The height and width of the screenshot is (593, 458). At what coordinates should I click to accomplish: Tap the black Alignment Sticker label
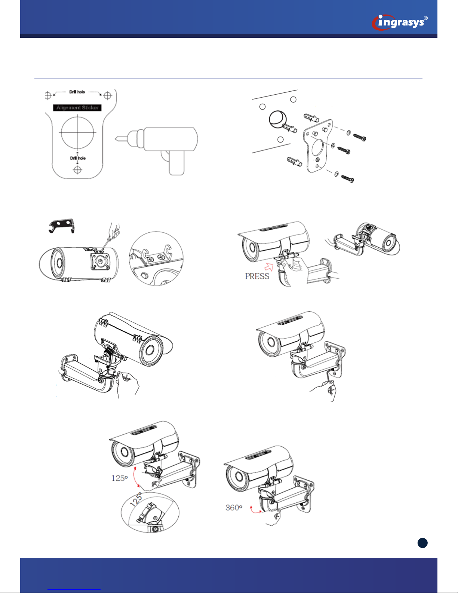[77, 108]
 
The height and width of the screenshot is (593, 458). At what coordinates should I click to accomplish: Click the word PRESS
[257, 276]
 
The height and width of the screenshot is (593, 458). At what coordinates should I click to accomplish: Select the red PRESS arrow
[269, 267]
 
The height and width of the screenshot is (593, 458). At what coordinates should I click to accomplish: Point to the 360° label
[234, 508]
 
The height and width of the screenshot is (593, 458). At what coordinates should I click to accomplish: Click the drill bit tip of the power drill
[116, 139]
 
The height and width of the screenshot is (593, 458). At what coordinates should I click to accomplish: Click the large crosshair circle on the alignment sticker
[78, 132]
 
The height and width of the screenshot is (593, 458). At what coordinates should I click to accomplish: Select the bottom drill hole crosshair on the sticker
[78, 170]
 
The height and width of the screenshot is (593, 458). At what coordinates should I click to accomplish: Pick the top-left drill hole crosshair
[48, 95]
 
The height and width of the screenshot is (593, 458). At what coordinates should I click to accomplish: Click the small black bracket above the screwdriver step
[61, 226]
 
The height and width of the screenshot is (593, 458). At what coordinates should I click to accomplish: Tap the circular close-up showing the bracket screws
[156, 259]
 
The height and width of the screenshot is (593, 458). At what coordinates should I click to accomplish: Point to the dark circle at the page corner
[422, 543]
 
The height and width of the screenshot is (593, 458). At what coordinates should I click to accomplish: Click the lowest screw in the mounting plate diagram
[348, 179]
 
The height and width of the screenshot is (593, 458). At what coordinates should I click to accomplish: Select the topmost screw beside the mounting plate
[360, 137]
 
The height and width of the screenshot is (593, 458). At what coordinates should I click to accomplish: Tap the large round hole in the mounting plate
[317, 148]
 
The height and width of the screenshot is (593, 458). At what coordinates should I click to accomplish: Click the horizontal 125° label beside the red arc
[120, 479]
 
